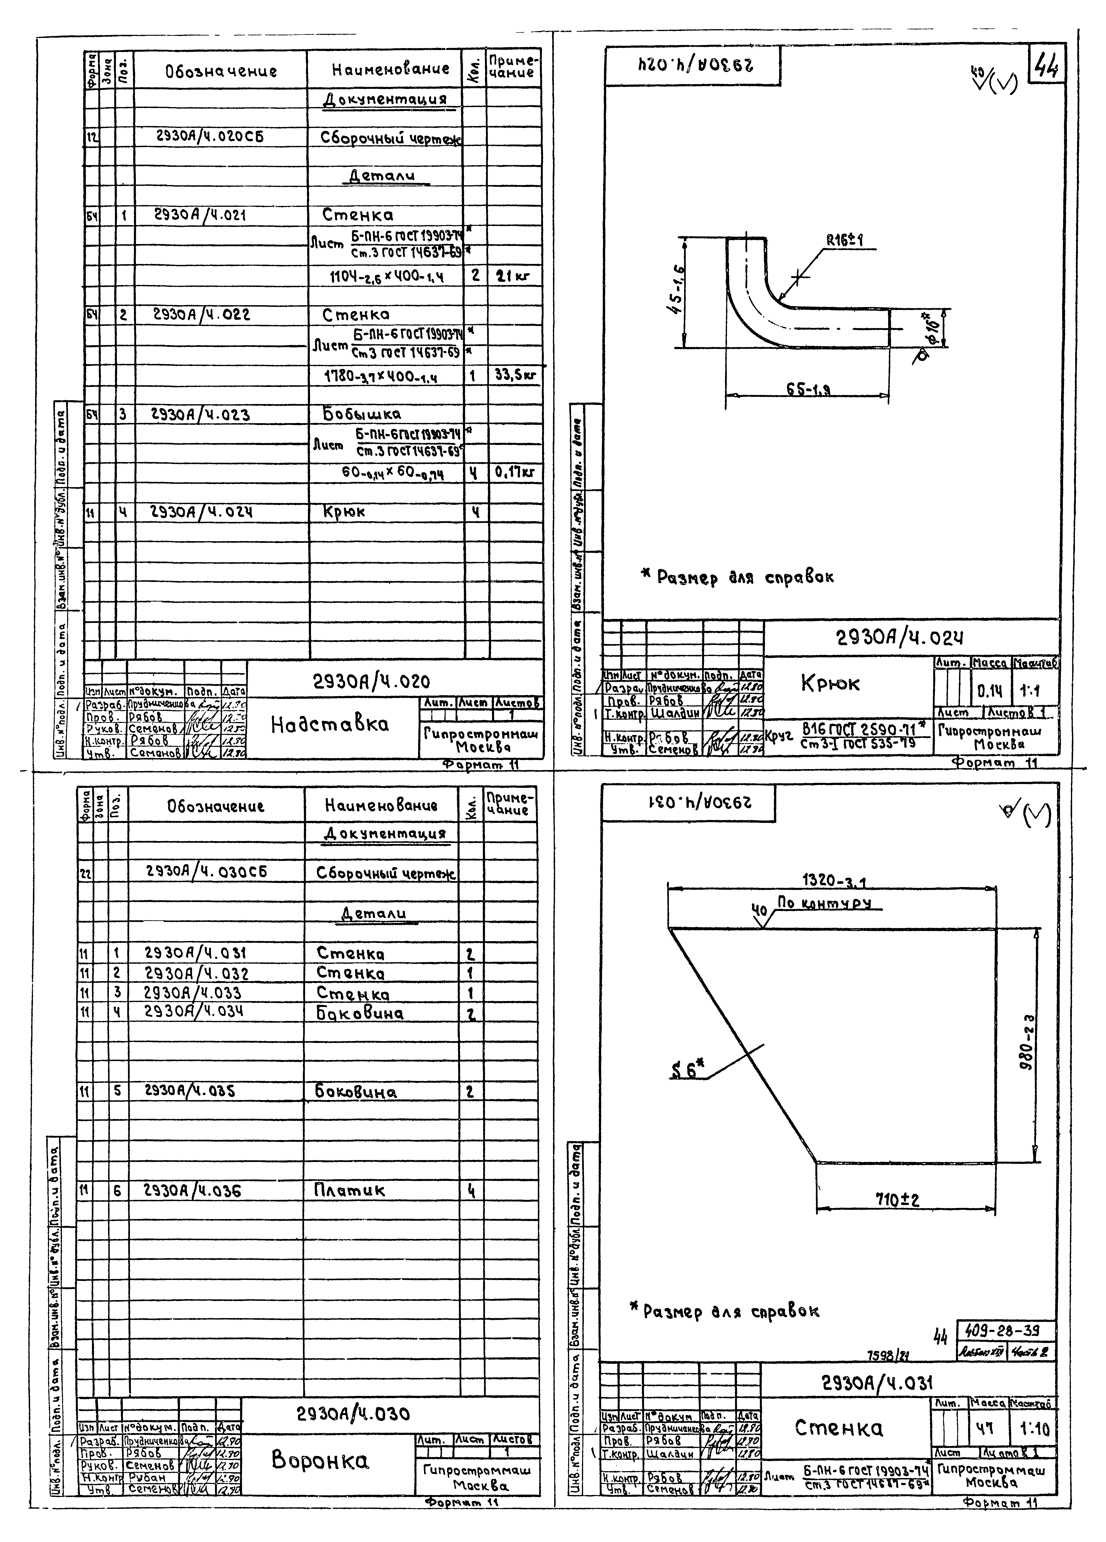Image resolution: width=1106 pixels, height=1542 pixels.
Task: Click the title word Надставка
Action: pyautogui.click(x=330, y=725)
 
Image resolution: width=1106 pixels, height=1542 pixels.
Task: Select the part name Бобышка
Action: pyautogui.click(x=361, y=413)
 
